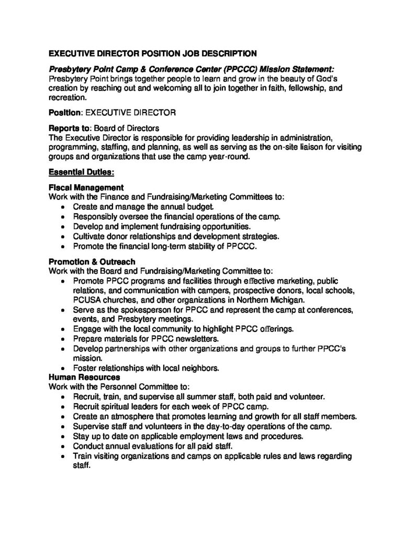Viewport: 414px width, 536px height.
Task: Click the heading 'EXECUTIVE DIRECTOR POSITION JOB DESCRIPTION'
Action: [x=152, y=53]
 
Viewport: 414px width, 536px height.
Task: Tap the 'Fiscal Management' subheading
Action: [x=86, y=187]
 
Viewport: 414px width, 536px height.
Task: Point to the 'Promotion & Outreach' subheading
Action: [x=92, y=262]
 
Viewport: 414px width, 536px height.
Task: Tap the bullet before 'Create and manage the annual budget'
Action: [x=63, y=208]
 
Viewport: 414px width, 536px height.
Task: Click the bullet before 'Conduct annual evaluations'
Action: [x=63, y=446]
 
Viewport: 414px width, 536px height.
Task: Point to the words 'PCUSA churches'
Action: [x=103, y=300]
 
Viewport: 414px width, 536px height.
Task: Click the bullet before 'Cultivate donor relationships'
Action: [x=63, y=237]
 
